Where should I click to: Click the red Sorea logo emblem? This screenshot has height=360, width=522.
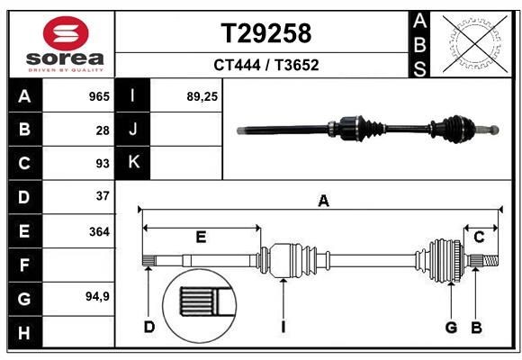pos(60,35)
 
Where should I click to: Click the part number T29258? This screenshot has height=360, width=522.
pos(266,33)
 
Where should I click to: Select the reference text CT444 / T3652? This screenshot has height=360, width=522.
pos(266,65)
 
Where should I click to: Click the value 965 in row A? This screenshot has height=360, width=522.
pos(97,96)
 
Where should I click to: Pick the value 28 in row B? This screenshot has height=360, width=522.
pos(102,130)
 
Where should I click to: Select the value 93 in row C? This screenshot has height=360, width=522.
pos(102,163)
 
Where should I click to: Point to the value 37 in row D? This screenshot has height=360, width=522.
pos(102,195)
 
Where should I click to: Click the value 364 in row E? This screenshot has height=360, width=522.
pos(98,230)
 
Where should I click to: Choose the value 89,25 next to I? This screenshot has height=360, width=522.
pos(202,96)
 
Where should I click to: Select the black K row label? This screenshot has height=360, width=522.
pos(134,163)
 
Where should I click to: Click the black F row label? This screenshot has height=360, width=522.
pos(24,265)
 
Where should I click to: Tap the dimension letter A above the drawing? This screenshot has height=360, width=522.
pos(322,201)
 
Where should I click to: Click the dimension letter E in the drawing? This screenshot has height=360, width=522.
pos(201,237)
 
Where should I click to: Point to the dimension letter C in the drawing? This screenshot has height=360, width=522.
pos(479,237)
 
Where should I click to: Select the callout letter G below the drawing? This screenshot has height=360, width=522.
pos(452,327)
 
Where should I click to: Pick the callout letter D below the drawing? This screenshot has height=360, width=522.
pos(149,327)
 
